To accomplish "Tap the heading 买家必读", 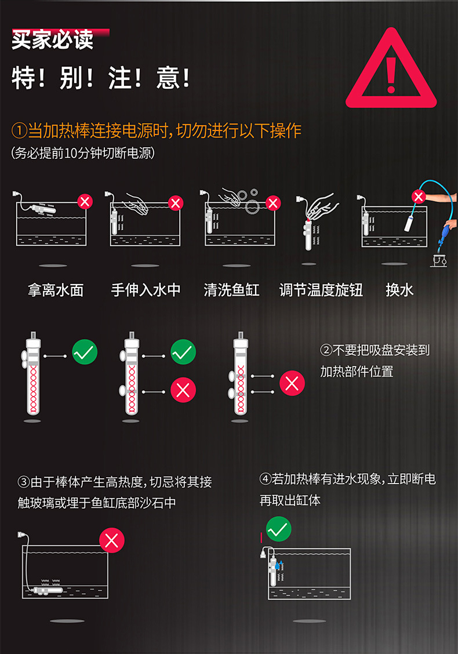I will point(53,39).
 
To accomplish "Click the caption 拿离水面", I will point(56,289).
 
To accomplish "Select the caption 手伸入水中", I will point(146,289).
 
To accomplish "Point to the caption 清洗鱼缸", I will point(231,289).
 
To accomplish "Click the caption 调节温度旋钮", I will point(321,289).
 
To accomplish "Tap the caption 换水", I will point(399,289).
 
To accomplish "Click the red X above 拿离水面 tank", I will point(85,202).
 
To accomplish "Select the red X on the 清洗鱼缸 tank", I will point(273,203).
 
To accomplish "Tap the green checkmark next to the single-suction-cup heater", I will point(85,352).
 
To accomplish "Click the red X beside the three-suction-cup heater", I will point(292,383).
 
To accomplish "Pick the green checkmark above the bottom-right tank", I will point(278,529).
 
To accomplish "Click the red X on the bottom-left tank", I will point(111,540).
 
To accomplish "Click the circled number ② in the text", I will point(326,350).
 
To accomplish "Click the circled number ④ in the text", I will point(266,479).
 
